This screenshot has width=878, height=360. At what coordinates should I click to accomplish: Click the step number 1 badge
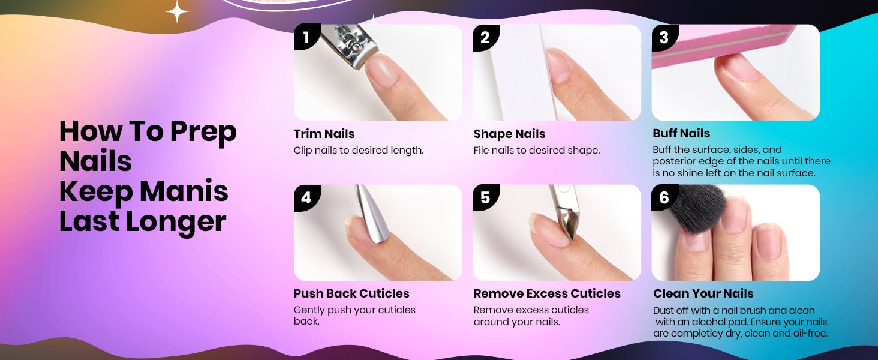point(306,37)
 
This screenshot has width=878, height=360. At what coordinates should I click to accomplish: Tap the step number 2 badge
point(485,37)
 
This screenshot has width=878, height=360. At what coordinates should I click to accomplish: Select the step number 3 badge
point(664,37)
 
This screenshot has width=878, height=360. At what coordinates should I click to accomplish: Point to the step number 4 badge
point(306,197)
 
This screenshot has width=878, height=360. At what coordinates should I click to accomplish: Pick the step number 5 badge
point(485,197)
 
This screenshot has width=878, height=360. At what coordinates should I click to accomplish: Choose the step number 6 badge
point(664,197)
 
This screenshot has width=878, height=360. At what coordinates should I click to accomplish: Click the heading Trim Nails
point(324,134)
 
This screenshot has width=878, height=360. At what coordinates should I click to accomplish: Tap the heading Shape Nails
point(509,134)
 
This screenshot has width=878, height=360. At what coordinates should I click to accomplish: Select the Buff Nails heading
point(681,133)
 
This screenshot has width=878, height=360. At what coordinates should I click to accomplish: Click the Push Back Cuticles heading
point(351,293)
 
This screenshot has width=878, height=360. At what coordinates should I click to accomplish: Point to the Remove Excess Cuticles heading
point(547,293)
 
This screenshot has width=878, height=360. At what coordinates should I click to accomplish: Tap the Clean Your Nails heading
point(703,293)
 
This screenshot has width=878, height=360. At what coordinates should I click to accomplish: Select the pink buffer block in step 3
point(721,43)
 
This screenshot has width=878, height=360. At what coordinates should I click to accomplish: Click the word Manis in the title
point(184,191)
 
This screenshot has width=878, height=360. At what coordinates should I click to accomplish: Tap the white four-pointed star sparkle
point(177,11)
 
